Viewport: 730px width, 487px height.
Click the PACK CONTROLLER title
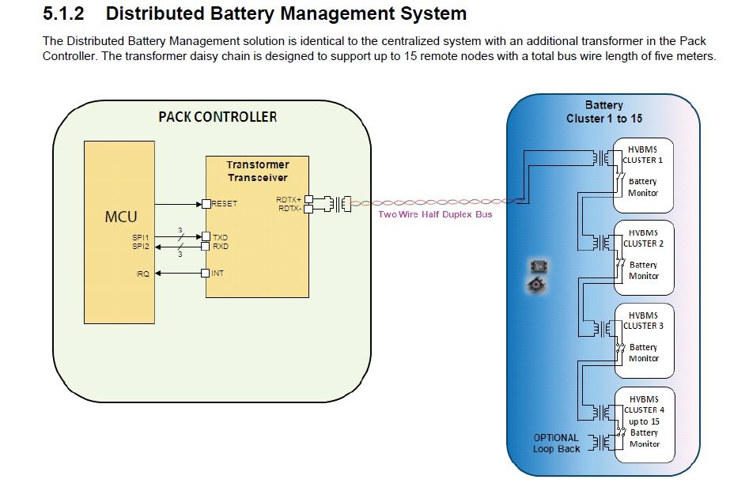pos(217,117)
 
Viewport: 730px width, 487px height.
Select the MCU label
pos(121,216)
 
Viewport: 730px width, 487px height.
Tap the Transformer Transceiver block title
pos(257,171)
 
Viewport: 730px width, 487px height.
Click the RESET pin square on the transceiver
pos(206,204)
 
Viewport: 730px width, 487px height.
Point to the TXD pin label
pos(221,236)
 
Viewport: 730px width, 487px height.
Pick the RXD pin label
pos(221,246)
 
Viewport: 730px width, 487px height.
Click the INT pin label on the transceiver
pos(217,274)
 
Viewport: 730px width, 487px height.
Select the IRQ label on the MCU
pos(142,274)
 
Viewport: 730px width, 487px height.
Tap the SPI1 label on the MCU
pos(141,236)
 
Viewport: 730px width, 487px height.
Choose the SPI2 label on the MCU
pos(141,246)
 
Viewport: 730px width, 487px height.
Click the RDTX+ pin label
pos(289,199)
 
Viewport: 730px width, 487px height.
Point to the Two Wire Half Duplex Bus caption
pos(434,214)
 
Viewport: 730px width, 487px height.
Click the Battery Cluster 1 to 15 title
pos(603,111)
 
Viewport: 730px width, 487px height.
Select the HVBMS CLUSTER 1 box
pos(643,176)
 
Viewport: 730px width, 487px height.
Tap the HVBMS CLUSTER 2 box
pos(643,259)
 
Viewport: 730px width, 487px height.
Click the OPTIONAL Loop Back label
pos(556,443)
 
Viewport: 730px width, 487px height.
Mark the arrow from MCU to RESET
pos(178,204)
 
